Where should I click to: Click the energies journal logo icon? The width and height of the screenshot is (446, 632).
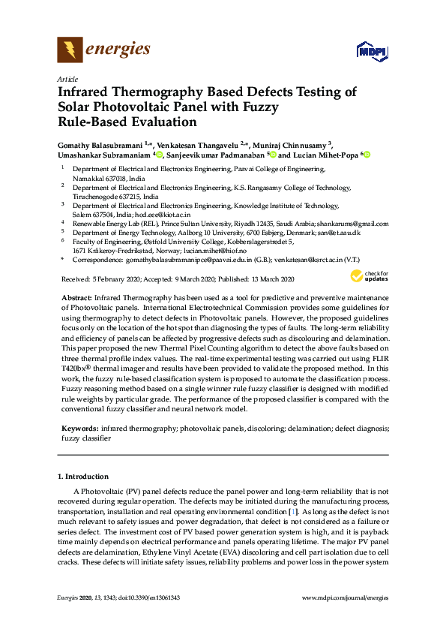coord(70,50)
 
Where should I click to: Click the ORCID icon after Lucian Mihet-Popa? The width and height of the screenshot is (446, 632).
coord(367,155)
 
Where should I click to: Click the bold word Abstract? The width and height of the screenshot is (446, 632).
coord(77,299)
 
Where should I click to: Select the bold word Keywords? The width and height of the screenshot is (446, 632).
coord(79,427)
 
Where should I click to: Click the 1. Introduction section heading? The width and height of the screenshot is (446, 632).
coord(83,477)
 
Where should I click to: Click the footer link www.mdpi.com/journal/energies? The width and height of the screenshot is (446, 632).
coord(345,597)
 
